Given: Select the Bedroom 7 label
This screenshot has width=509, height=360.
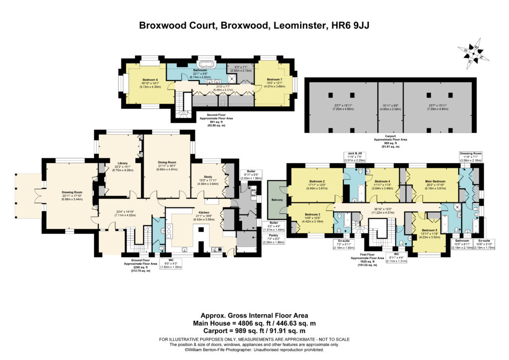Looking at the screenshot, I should (x=274, y=80).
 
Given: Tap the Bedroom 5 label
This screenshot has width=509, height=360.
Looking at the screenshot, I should (x=429, y=230).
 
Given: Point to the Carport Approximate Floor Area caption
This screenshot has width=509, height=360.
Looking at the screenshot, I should (x=389, y=141).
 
